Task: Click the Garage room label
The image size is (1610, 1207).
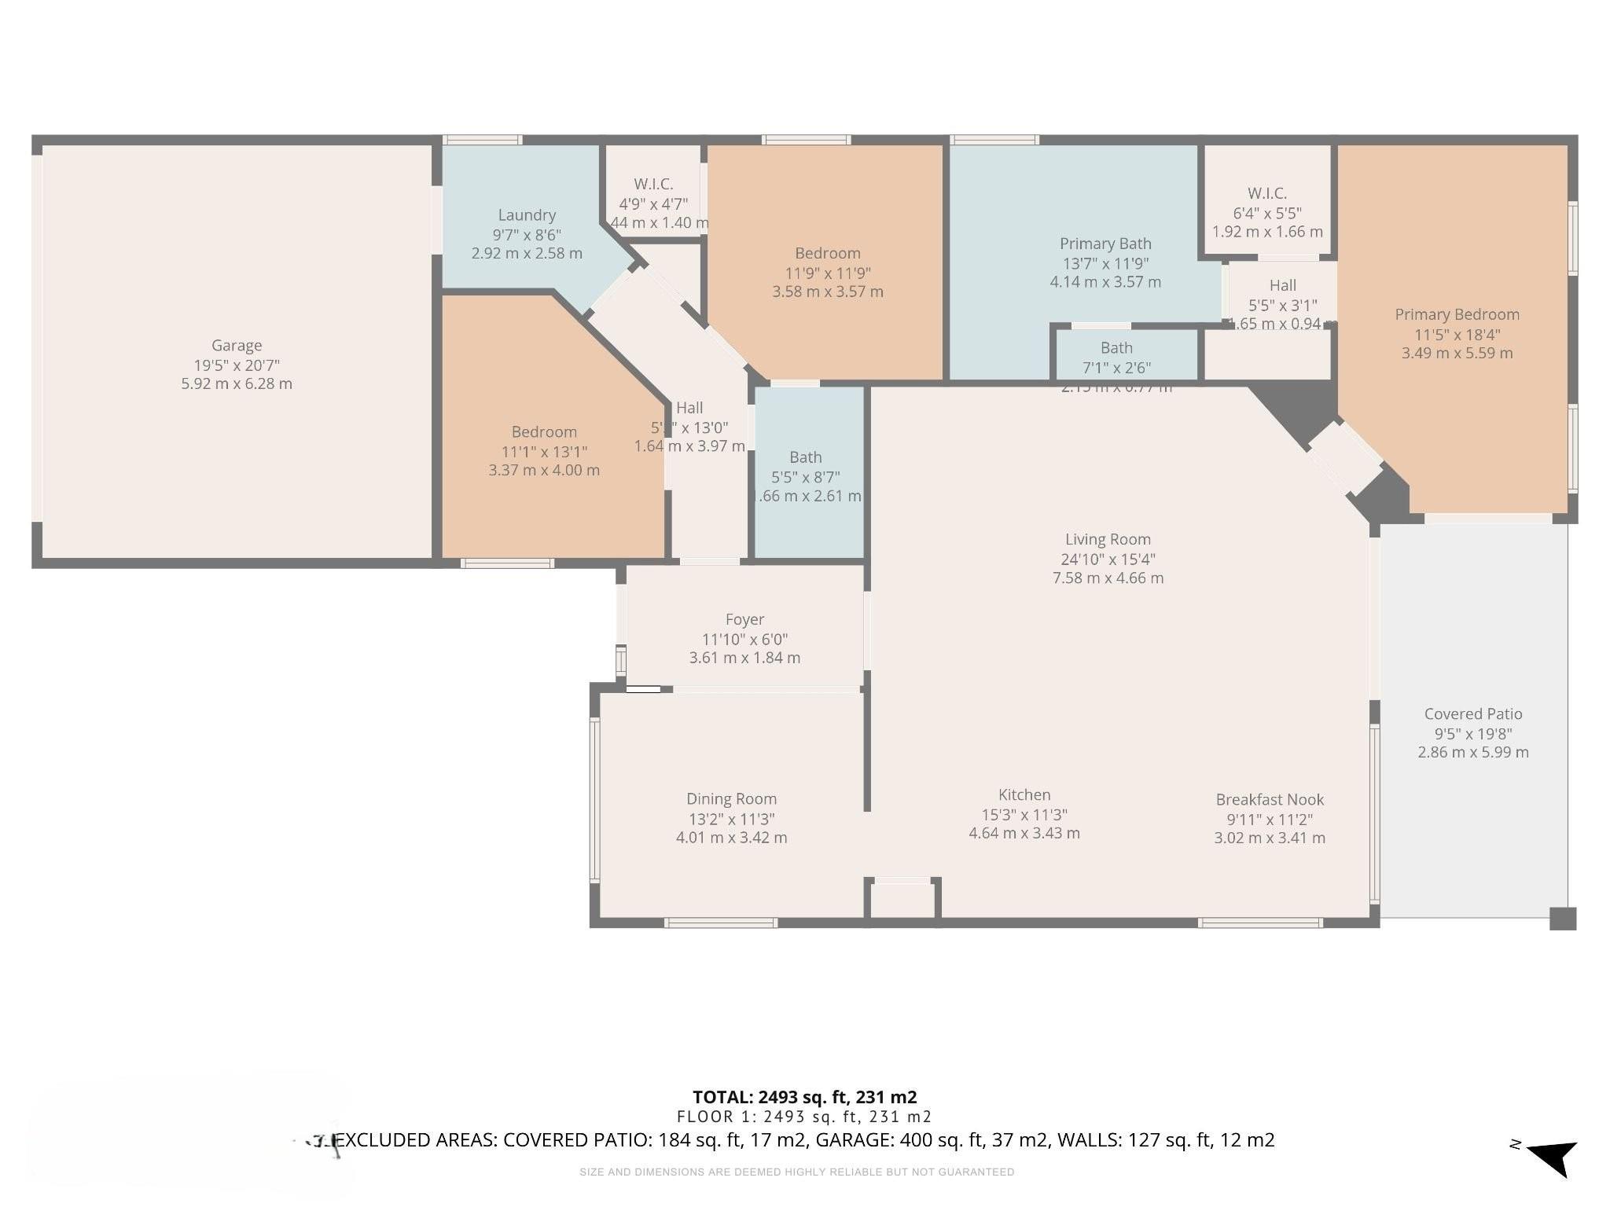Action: click(x=237, y=345)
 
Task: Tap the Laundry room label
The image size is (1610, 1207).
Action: click(x=527, y=215)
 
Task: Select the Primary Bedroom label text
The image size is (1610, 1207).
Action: click(x=1457, y=314)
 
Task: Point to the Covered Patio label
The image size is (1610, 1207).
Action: click(x=1473, y=714)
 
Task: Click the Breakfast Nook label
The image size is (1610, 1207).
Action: click(x=1270, y=799)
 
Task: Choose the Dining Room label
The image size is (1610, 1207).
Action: click(x=731, y=799)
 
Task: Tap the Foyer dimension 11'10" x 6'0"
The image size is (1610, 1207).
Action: click(x=744, y=640)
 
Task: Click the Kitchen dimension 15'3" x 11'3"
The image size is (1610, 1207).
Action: click(x=1024, y=815)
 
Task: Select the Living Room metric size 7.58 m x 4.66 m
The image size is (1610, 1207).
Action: click(x=1108, y=578)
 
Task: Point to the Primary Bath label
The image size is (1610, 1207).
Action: click(x=1105, y=244)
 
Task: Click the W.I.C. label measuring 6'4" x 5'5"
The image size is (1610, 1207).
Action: click(x=1266, y=193)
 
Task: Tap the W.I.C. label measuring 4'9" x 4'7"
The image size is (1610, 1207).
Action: click(x=653, y=184)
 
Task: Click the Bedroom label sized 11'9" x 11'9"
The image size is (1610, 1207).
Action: click(x=827, y=253)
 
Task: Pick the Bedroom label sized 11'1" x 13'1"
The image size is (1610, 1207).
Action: click(x=544, y=431)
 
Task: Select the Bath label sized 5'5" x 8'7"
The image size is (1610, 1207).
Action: click(x=805, y=457)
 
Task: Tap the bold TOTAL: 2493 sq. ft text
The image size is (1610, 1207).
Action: click(x=804, y=1097)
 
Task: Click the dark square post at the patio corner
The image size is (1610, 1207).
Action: click(x=1563, y=919)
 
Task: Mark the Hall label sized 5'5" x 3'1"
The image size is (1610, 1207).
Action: click(x=1282, y=285)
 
